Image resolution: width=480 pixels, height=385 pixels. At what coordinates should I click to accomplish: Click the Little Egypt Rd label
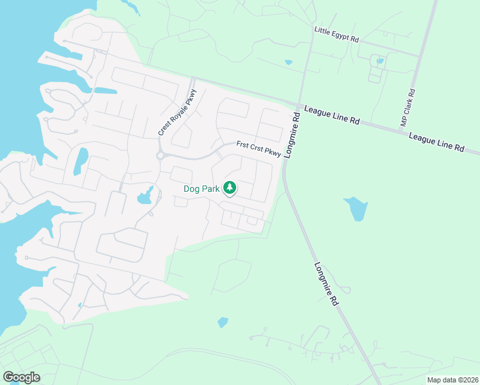[x=336, y=34]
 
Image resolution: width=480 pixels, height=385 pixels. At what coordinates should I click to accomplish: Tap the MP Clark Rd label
[x=409, y=107]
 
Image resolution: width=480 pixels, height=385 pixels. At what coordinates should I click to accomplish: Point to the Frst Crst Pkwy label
[x=259, y=149]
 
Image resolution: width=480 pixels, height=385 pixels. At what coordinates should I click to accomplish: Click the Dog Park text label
[x=201, y=189]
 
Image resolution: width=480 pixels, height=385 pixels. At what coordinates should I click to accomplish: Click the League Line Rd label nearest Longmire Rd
[x=331, y=115]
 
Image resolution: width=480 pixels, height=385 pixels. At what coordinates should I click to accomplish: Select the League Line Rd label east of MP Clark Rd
[x=436, y=142]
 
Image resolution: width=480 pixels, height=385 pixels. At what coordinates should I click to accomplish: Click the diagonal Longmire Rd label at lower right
[x=327, y=283]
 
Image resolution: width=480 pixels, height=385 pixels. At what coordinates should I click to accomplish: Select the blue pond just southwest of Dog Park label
[x=146, y=196]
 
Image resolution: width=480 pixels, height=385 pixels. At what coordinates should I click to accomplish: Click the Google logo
[x=22, y=377]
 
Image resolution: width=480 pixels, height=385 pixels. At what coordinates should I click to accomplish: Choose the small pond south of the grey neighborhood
[x=223, y=321]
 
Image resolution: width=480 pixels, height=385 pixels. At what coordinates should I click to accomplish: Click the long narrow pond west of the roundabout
[x=81, y=160]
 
